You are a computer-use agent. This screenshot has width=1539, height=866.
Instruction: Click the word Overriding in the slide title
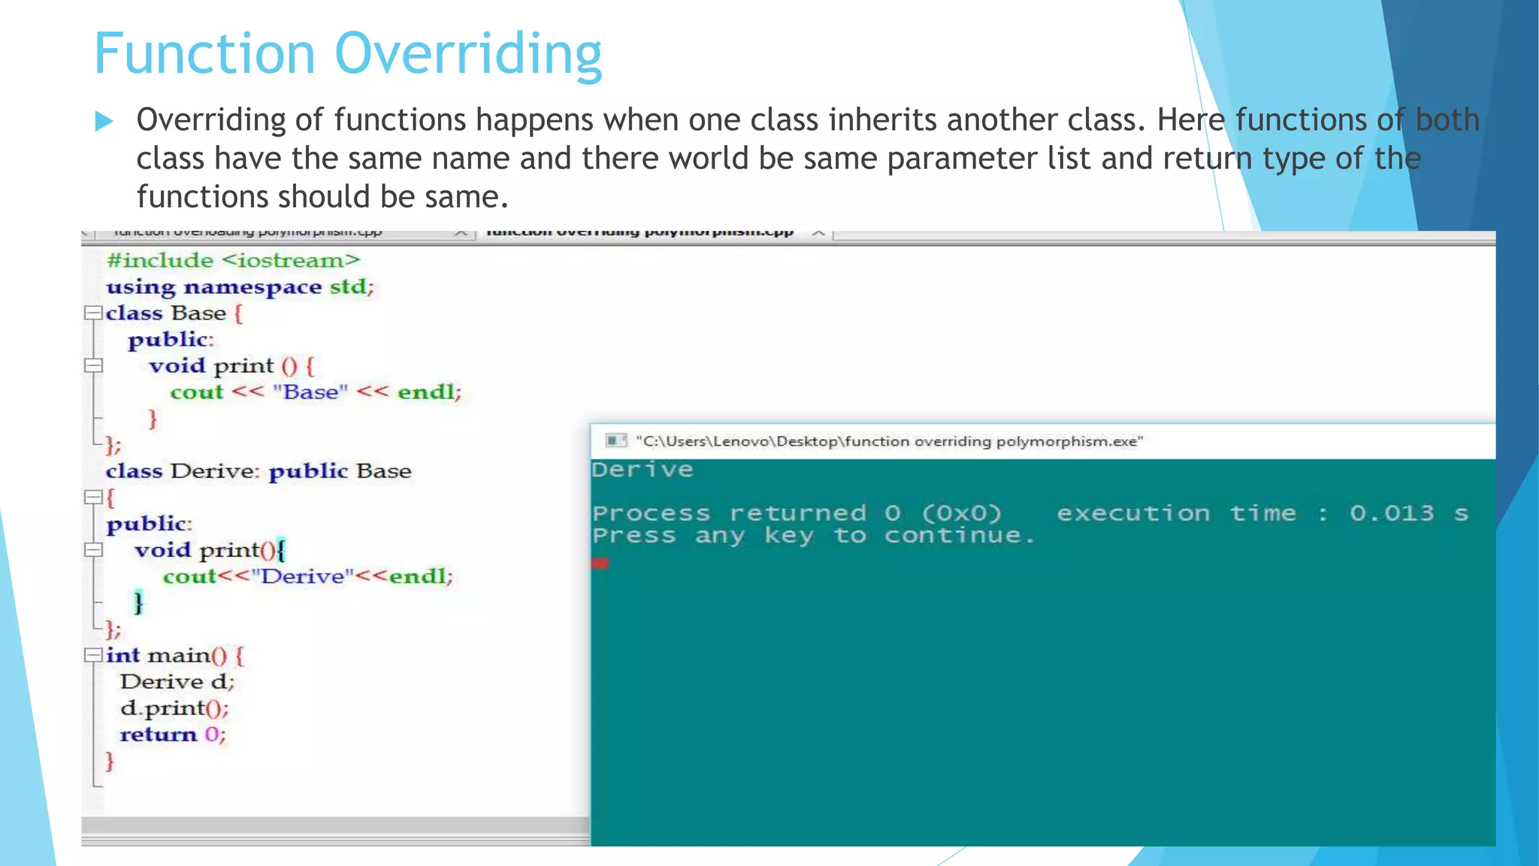(x=467, y=54)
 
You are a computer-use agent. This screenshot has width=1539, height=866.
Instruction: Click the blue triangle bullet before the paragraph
(x=104, y=121)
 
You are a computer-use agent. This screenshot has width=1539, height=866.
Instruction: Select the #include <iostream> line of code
(x=233, y=260)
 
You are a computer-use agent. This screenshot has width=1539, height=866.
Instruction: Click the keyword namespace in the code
(x=252, y=287)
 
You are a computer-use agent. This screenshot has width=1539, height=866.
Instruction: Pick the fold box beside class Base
(x=93, y=313)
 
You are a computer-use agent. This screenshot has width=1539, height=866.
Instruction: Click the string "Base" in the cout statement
(x=310, y=392)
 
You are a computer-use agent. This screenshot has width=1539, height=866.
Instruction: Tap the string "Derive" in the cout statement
(x=303, y=577)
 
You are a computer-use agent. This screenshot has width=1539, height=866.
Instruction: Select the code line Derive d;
(x=177, y=682)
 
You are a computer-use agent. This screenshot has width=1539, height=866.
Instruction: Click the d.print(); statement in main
(x=174, y=708)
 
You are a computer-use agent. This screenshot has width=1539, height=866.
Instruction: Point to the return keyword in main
(x=158, y=734)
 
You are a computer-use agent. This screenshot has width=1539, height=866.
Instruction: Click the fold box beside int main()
(x=93, y=655)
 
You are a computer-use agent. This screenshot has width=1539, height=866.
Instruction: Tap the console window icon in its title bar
(x=616, y=441)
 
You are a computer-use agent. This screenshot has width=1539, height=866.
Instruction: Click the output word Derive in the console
(x=642, y=470)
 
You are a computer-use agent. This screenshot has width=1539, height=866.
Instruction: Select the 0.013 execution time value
(x=1391, y=513)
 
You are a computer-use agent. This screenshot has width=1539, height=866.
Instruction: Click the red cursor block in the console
(x=600, y=563)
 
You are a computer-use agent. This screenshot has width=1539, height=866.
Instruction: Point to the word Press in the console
(x=633, y=536)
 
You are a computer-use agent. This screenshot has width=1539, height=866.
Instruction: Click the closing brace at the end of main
(x=110, y=761)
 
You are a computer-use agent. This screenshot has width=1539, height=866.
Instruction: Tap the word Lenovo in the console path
(x=742, y=441)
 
